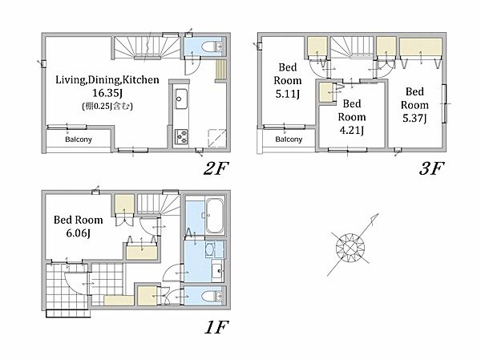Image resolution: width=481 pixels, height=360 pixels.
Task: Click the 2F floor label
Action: (216, 168)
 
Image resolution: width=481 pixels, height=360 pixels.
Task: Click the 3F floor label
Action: (431, 168)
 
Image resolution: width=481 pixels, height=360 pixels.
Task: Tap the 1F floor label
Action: (216, 327)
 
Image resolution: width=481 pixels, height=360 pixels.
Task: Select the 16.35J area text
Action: (107, 93)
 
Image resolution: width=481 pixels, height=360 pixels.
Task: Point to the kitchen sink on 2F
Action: (181, 99)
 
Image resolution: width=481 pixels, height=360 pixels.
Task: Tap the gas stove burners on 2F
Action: (181, 136)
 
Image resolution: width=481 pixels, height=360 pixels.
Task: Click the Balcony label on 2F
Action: (79, 140)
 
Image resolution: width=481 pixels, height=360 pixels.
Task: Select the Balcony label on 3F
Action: (289, 140)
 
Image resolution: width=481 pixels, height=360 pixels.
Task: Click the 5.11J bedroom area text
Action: (287, 94)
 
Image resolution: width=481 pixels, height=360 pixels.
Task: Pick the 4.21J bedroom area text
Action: (352, 130)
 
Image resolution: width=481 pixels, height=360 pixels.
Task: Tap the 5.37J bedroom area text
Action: (414, 118)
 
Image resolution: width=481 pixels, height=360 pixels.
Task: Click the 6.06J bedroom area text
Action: (79, 233)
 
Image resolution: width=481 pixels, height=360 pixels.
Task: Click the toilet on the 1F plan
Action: (212, 297)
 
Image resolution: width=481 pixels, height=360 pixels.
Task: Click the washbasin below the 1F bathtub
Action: (218, 271)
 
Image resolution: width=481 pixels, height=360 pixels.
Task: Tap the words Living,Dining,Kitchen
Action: (107, 80)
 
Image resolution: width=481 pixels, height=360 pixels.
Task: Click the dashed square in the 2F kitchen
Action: (217, 139)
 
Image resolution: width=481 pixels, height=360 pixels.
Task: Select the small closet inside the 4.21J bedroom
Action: (325, 92)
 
